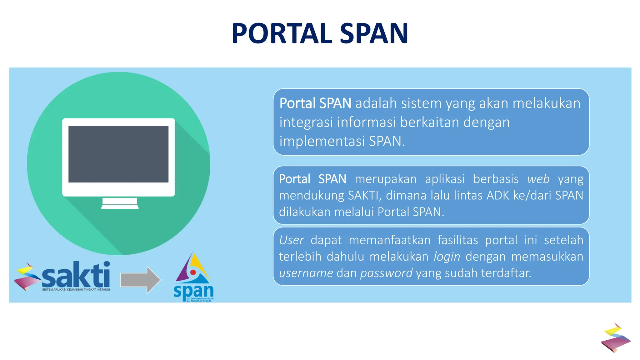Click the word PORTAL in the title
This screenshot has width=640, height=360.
pos(282,33)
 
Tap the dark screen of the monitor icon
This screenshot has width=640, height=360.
pos(118,154)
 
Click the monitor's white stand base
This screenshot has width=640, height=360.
pos(120,206)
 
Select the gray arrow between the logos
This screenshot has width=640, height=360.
pos(140,280)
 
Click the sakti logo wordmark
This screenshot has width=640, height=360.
pos(76,275)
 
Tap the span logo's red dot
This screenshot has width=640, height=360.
pos(193,272)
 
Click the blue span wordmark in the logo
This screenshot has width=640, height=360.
pos(193,291)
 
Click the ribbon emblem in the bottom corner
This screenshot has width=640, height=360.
pos(616,338)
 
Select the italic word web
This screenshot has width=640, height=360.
pos(538,179)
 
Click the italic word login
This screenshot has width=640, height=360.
pos(447,257)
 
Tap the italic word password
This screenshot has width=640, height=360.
pos(386,273)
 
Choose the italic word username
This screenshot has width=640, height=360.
pos(306,273)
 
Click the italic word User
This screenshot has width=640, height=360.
pos(291,240)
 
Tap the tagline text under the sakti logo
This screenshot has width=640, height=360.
pos(76,290)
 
